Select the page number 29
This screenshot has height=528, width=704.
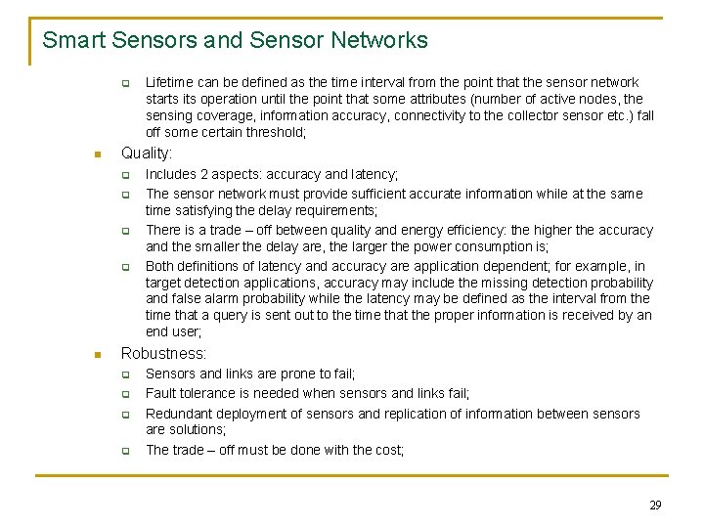coord(655,505)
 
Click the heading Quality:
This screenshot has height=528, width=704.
coord(146,154)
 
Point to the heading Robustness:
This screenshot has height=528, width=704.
coord(163,353)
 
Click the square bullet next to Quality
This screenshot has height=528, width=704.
coord(96,154)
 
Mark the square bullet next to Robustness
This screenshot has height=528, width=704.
coord(96,354)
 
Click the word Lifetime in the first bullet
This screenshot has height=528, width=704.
coord(170,82)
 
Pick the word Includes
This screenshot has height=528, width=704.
coord(171,174)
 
